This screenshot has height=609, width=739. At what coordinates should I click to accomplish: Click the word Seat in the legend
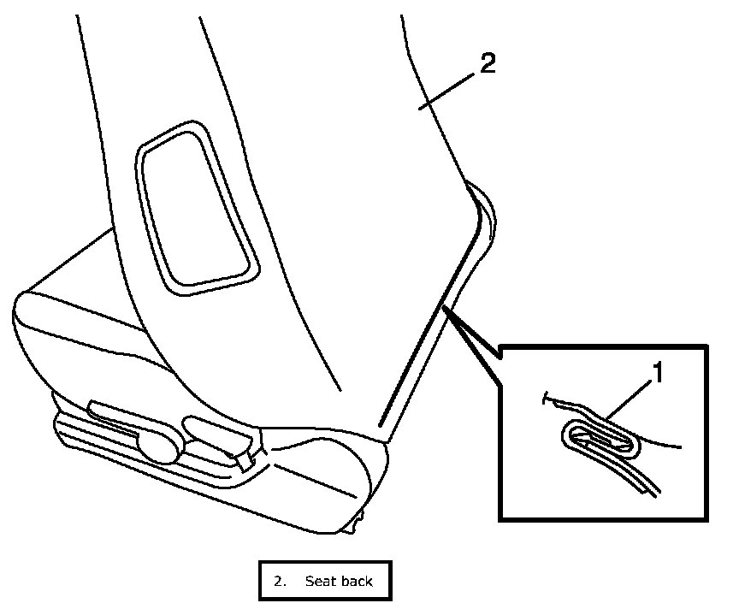318,581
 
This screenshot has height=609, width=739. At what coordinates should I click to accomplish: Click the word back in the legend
356,581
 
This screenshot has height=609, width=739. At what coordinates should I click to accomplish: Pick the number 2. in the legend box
280,581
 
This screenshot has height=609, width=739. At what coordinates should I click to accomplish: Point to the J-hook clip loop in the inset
599,439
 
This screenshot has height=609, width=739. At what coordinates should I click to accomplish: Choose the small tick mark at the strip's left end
546,397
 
